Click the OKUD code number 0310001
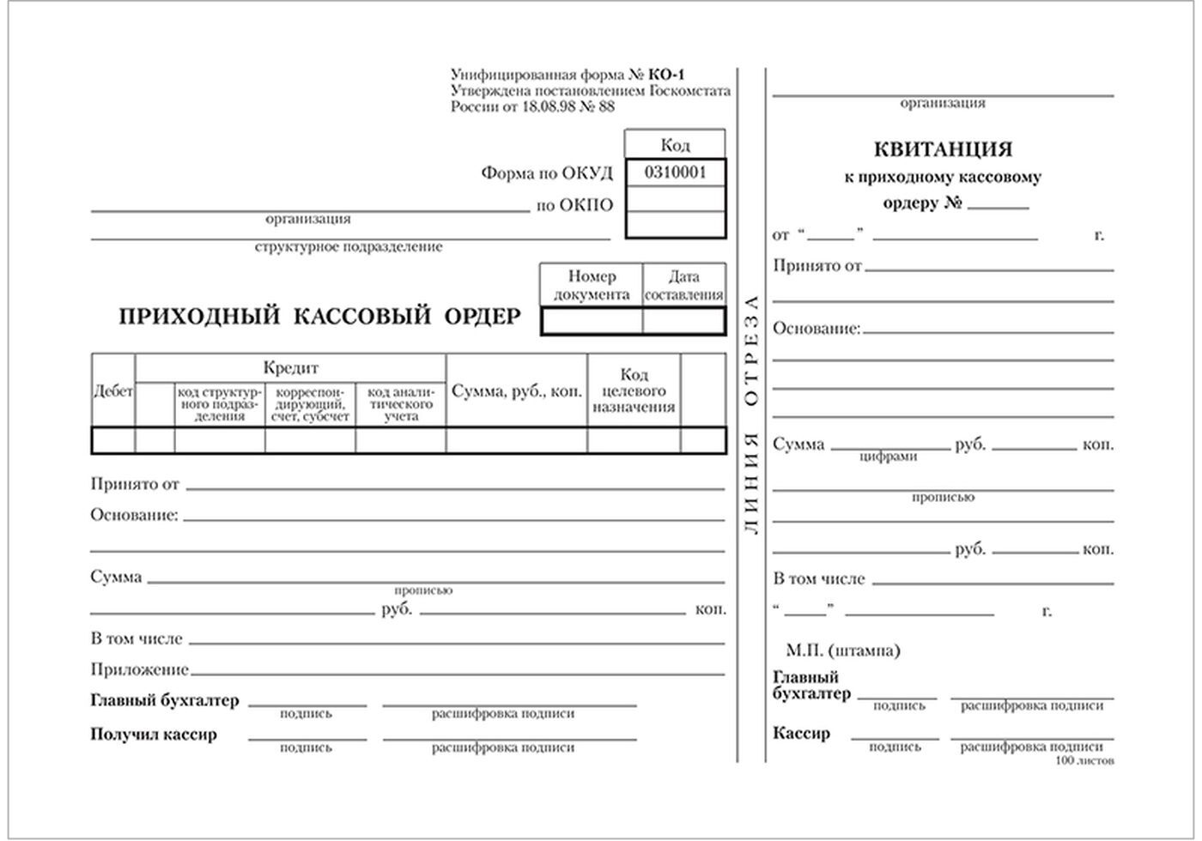675,172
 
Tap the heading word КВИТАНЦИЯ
943,149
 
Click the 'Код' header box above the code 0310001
675,145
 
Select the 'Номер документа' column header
592,286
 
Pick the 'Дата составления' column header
683,286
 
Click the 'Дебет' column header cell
113,391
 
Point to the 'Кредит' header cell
290,368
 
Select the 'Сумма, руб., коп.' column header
517,390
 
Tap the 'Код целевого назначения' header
634,390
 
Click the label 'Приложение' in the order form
139,669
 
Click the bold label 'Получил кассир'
154,735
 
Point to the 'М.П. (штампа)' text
842,651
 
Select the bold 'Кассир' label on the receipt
801,734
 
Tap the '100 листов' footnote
1085,761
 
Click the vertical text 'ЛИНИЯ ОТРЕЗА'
751,416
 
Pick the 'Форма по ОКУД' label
547,173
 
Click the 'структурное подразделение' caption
349,247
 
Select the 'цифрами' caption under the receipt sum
888,457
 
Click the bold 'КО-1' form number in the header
667,75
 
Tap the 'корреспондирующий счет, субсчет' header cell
310,404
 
